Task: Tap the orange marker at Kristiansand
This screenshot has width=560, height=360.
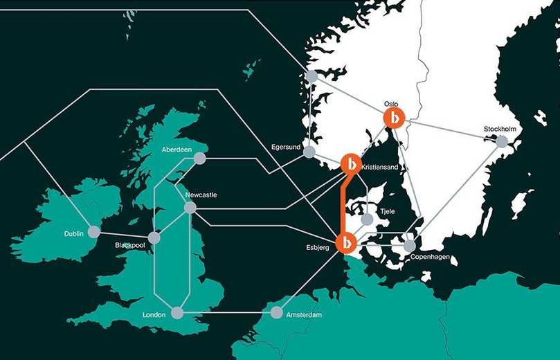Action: (352, 164)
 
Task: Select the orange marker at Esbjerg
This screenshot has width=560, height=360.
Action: (345, 243)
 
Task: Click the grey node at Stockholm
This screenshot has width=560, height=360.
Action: (502, 141)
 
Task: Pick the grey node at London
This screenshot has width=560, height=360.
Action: (179, 313)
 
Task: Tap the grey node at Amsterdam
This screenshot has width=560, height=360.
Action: (276, 313)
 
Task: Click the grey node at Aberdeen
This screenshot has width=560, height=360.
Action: (200, 159)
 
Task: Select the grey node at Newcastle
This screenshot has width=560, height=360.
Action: (191, 207)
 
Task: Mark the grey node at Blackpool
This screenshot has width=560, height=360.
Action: (154, 237)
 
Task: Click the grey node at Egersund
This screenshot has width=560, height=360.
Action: (309, 152)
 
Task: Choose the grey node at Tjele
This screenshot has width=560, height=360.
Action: (367, 220)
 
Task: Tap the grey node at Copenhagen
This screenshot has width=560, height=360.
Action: (410, 245)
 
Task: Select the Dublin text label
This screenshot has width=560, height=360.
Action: (73, 234)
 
